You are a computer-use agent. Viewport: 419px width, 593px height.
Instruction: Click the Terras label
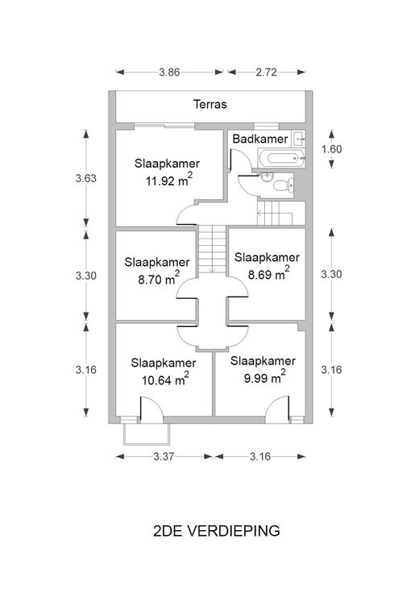click(x=209, y=104)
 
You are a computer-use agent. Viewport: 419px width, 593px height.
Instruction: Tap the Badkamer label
click(x=260, y=139)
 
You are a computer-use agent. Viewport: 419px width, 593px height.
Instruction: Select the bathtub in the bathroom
click(x=282, y=158)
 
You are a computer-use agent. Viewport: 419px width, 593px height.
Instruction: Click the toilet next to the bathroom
click(x=283, y=185)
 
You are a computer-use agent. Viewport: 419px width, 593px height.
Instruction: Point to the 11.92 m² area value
click(x=169, y=180)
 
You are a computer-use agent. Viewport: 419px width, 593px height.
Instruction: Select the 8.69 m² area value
click(x=269, y=273)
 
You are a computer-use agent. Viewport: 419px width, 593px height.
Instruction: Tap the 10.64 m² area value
click(x=165, y=379)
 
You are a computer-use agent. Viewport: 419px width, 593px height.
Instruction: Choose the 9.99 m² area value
click(x=265, y=377)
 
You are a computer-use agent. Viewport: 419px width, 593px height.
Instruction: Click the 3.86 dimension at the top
click(x=169, y=73)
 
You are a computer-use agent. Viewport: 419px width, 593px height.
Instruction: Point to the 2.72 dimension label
click(x=266, y=73)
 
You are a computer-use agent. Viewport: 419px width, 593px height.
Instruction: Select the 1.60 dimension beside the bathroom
click(x=332, y=149)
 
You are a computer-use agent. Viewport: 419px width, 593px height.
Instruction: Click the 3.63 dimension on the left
click(x=86, y=178)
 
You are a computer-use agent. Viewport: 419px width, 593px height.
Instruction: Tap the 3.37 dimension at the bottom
click(x=164, y=457)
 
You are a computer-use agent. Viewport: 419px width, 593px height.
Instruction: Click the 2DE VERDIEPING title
click(x=217, y=531)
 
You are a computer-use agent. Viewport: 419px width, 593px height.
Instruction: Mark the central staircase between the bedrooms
click(x=212, y=249)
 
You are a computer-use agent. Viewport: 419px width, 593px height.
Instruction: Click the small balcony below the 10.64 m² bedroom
click(x=147, y=433)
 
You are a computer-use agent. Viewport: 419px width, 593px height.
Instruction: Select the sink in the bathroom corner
click(x=299, y=139)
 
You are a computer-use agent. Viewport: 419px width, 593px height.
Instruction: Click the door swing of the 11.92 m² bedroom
click(x=186, y=214)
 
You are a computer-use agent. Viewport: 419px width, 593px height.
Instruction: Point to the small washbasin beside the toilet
click(x=267, y=176)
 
